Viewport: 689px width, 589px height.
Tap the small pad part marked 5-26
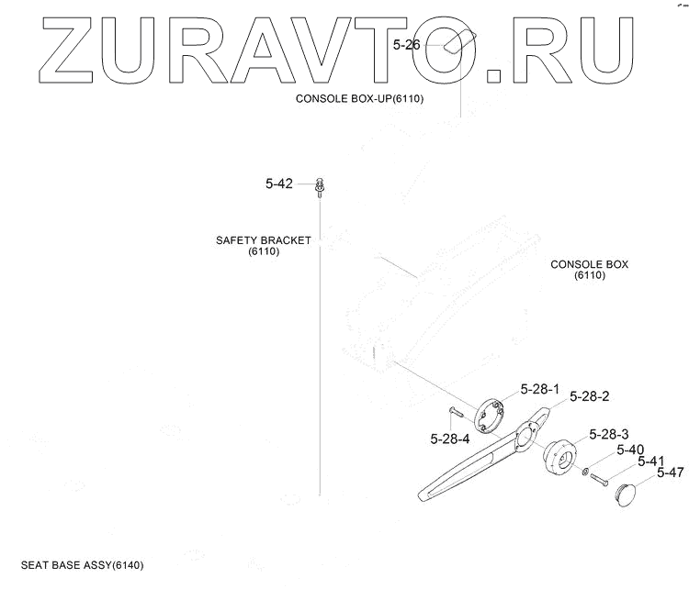click(x=457, y=44)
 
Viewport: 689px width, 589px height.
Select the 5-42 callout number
click(x=278, y=183)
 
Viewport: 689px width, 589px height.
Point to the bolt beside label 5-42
click(x=319, y=186)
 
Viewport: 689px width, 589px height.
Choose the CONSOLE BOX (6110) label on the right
click(x=589, y=269)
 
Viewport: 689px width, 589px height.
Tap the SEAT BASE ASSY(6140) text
click(x=83, y=564)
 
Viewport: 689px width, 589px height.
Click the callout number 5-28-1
click(x=539, y=389)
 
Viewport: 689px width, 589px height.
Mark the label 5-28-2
click(x=589, y=396)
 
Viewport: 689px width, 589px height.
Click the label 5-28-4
click(x=449, y=439)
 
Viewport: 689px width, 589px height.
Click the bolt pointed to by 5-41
click(x=602, y=478)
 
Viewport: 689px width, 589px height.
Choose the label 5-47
click(x=670, y=473)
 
